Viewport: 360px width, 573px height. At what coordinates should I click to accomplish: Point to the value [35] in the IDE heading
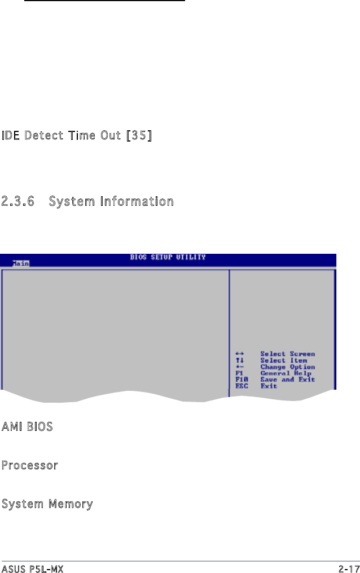(x=139, y=136)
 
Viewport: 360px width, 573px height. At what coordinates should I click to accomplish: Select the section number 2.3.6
(x=18, y=201)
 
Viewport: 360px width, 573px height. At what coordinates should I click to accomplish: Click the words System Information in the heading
(x=111, y=201)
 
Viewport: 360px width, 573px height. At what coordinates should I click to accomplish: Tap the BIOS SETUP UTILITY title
(x=168, y=257)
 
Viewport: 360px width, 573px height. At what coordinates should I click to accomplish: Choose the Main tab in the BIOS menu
(x=21, y=263)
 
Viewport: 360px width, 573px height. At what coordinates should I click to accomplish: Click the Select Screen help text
(x=287, y=354)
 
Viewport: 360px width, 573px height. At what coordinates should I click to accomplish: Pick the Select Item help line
(x=283, y=360)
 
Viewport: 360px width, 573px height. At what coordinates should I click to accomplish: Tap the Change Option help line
(x=287, y=367)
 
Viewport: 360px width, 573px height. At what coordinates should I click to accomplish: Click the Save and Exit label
(x=287, y=380)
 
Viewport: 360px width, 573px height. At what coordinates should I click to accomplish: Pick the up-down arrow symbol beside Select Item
(x=239, y=360)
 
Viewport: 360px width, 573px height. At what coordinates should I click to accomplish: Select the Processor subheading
(x=29, y=466)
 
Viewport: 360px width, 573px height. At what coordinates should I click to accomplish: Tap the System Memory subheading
(x=47, y=504)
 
